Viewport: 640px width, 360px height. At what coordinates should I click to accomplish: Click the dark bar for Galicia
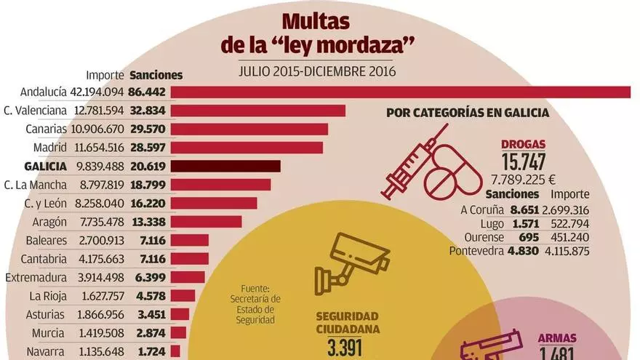[x=226, y=166]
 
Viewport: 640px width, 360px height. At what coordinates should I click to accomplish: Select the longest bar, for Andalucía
[x=401, y=92]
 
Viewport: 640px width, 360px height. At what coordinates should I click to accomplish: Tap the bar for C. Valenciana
[x=258, y=111]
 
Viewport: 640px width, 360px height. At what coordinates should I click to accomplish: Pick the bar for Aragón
[x=207, y=222]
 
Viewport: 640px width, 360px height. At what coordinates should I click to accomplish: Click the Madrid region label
[x=50, y=148]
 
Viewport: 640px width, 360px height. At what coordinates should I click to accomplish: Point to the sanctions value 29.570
[x=148, y=129]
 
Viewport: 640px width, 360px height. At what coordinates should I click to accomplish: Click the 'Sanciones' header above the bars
[x=156, y=75]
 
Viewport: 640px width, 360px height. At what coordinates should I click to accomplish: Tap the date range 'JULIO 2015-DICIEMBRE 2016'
[x=316, y=71]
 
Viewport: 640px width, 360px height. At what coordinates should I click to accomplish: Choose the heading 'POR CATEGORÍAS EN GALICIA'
[x=468, y=113]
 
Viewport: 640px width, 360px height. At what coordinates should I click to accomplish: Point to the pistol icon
[x=492, y=348]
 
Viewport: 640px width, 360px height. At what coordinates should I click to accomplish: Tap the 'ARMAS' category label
[x=557, y=337]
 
